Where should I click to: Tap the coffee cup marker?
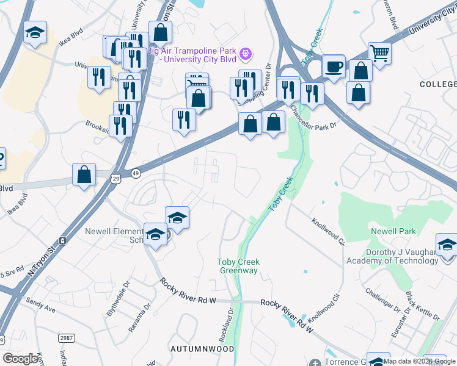(334, 66)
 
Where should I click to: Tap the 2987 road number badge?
(66, 338)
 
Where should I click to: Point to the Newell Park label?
(393, 231)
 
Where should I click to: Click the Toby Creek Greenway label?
(239, 266)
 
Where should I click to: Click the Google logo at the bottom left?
(20, 359)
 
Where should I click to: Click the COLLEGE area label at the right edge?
(437, 82)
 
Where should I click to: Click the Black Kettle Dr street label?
(422, 306)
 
